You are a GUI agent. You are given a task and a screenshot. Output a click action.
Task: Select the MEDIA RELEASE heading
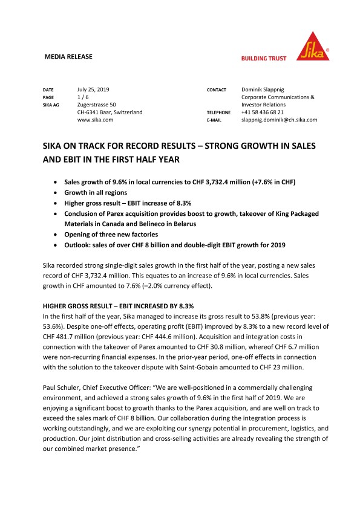[68, 57]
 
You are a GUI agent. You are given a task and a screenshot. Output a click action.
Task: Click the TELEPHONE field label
[219, 112]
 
